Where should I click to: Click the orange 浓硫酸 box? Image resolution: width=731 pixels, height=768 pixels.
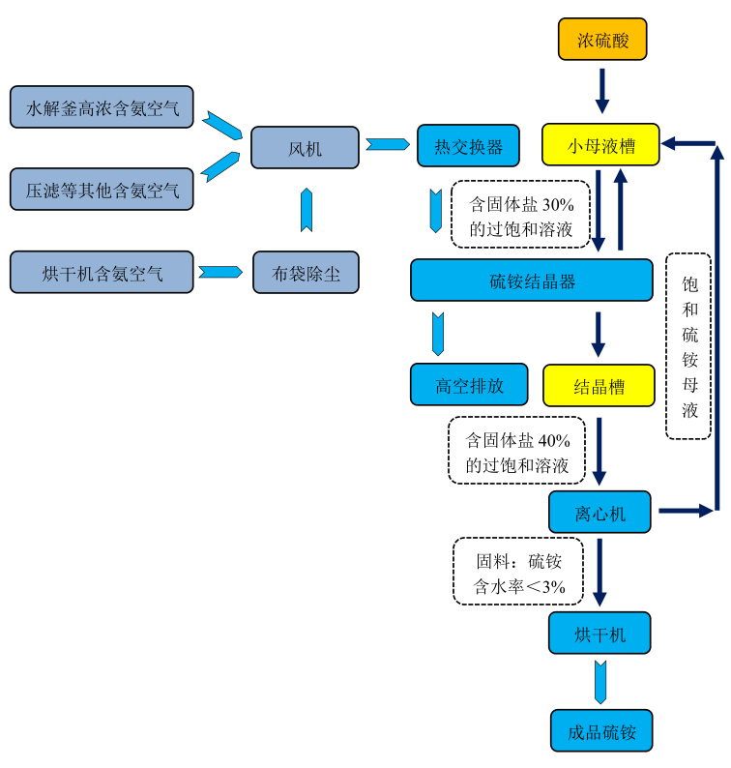click(601, 40)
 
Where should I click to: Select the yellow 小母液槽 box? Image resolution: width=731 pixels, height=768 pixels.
click(600, 146)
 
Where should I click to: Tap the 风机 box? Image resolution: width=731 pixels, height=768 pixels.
click(305, 148)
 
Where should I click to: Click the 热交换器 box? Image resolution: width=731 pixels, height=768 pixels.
click(468, 146)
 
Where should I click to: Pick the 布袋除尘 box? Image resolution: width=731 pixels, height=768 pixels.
click(305, 273)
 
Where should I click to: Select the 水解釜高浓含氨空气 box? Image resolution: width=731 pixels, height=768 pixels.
click(102, 107)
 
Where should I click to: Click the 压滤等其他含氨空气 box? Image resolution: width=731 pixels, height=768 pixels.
click(102, 190)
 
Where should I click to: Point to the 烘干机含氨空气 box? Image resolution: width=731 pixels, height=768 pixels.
click(102, 273)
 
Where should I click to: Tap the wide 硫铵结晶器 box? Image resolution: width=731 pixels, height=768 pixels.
click(532, 281)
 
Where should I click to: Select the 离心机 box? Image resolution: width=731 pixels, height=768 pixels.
click(599, 512)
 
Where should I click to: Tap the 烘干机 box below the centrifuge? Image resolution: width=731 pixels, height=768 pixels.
click(599, 634)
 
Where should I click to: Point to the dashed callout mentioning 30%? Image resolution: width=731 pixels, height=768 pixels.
click(520, 215)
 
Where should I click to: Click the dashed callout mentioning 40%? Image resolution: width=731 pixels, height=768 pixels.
click(517, 450)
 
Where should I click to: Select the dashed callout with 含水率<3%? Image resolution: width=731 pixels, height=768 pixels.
click(518, 572)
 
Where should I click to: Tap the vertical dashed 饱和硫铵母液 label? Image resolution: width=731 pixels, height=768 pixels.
click(689, 346)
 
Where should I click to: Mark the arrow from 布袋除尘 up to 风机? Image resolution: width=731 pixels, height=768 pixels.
click(307, 210)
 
